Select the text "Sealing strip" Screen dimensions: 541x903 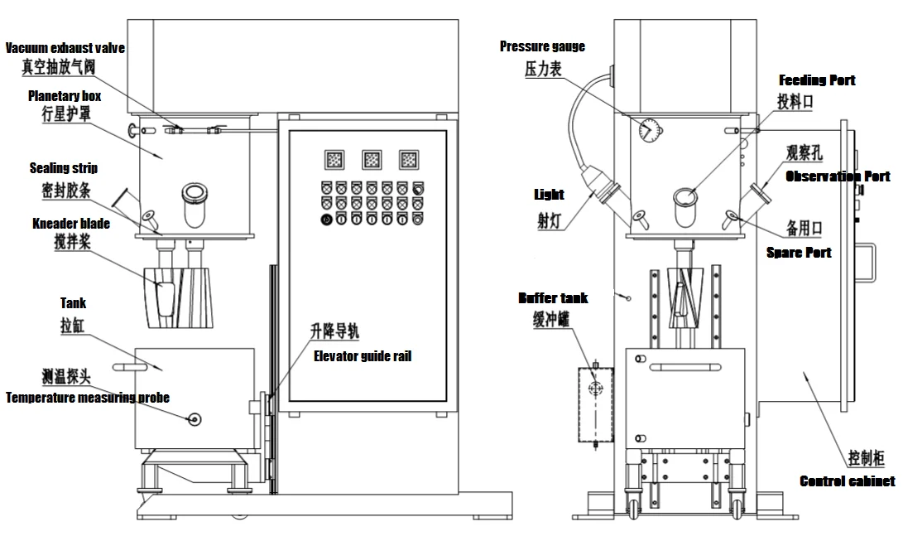click(x=64, y=168)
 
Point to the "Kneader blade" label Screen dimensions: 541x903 click(x=71, y=223)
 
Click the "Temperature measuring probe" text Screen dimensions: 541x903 click(x=88, y=398)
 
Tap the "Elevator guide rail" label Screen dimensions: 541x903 click(x=362, y=356)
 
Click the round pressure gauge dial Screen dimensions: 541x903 click(x=650, y=128)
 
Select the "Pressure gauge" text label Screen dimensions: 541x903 click(x=542, y=46)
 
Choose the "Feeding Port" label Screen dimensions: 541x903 click(x=817, y=80)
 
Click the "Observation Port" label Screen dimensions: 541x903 click(x=838, y=176)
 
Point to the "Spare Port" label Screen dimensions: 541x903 click(x=800, y=252)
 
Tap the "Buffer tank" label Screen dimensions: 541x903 click(x=553, y=297)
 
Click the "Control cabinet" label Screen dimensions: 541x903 click(x=847, y=481)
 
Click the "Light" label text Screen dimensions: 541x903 click(x=550, y=195)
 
